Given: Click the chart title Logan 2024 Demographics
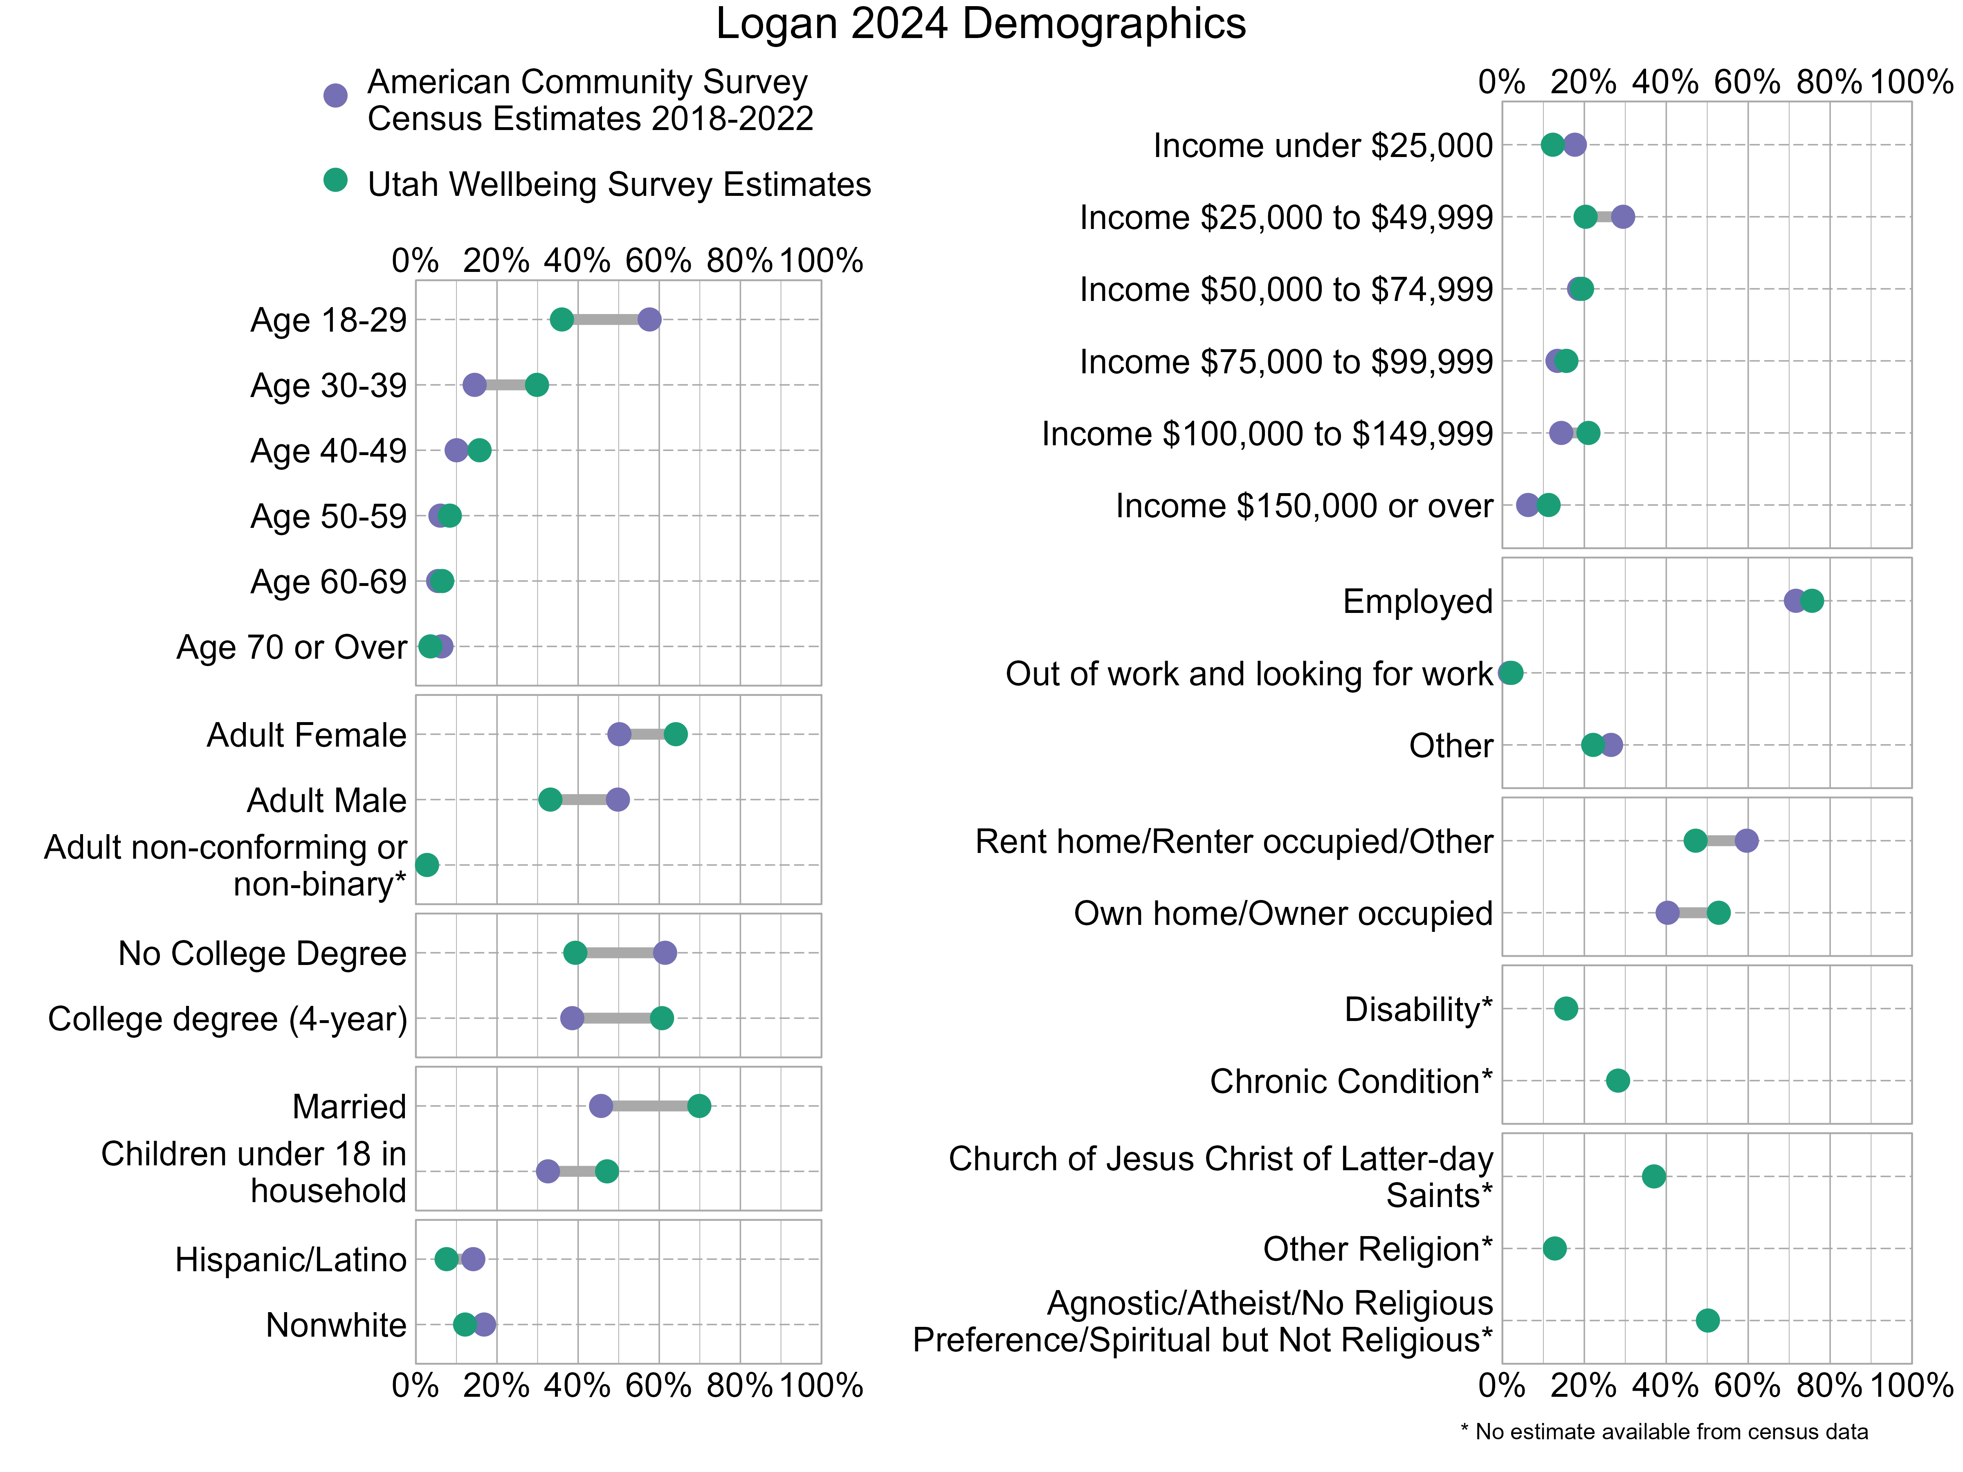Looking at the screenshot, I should (981, 24).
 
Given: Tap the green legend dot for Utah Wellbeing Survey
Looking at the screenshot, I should (335, 180).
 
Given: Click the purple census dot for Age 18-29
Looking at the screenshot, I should (649, 319).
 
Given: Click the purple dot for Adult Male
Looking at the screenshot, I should (618, 799).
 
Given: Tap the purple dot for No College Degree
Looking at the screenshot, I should (665, 953).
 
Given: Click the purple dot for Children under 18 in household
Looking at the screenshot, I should (548, 1171).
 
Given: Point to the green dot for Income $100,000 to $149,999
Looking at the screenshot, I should (1588, 433).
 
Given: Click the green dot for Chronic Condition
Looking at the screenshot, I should (1618, 1081).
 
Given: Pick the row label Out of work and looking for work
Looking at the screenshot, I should (1249, 674).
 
